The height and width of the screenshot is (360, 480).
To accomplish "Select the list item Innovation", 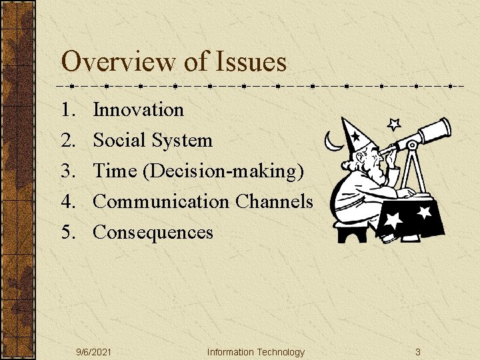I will click(138, 109).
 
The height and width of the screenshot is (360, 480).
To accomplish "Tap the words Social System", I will click(153, 140).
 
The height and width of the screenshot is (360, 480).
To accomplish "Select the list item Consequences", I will click(153, 232).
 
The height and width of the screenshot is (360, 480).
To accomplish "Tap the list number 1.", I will click(68, 109).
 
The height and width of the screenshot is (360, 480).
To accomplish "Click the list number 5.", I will click(69, 232).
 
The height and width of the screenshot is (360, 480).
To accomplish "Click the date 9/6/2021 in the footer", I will click(93, 352).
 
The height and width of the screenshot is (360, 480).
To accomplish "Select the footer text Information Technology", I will click(255, 352).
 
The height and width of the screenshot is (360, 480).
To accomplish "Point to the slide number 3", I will click(417, 352).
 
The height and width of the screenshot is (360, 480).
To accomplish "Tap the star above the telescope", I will click(394, 124).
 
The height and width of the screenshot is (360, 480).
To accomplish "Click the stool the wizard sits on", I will click(351, 231).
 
